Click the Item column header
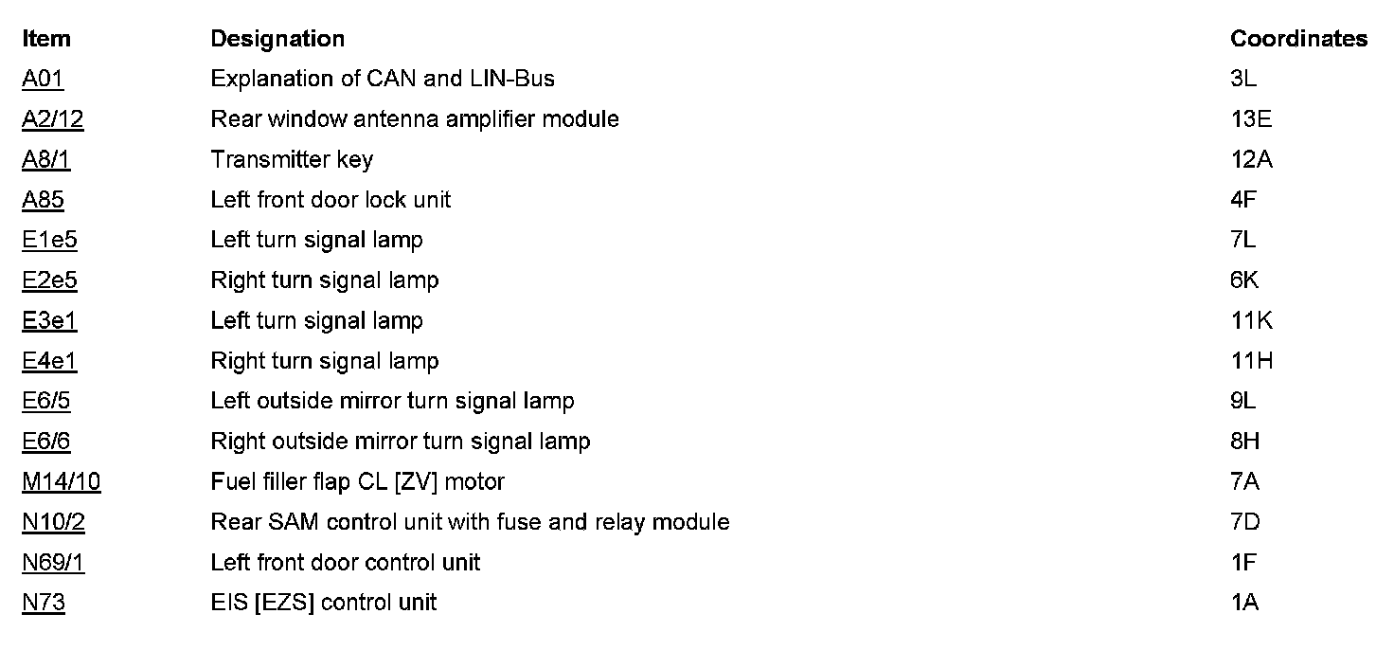(46, 39)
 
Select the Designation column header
(277, 39)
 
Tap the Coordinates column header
(1298, 39)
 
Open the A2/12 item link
(53, 119)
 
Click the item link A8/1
(46, 159)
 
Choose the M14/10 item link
(62, 481)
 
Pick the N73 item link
(44, 603)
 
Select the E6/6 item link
(46, 442)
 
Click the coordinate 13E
(1251, 119)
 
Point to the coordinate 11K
(1252, 320)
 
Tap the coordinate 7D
(1245, 522)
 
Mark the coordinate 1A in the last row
(1244, 603)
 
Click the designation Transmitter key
(292, 159)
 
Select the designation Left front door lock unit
(331, 200)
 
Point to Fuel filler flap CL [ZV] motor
(357, 481)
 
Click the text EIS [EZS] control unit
(323, 603)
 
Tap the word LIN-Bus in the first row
(512, 79)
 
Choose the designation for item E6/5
(392, 401)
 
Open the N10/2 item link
(54, 522)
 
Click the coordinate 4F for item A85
(1243, 200)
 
